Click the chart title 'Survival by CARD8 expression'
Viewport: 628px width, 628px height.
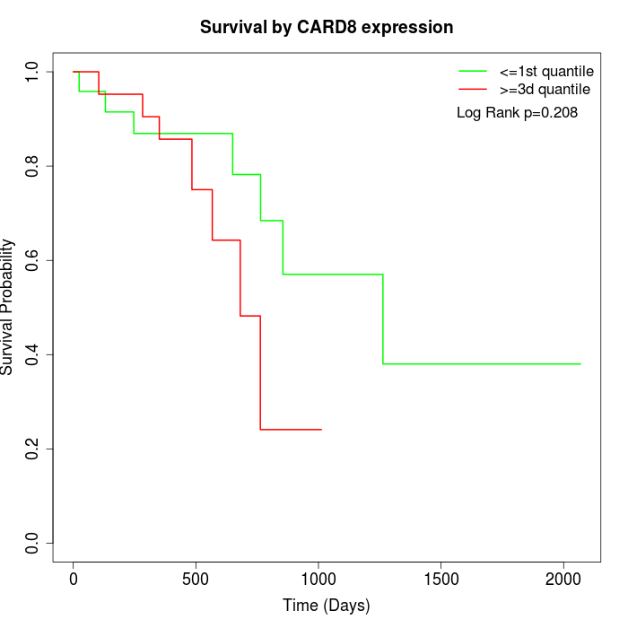pyautogui.click(x=327, y=27)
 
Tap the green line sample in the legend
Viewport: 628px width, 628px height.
pyautogui.click(x=473, y=70)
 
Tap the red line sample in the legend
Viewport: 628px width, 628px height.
pyautogui.click(x=473, y=90)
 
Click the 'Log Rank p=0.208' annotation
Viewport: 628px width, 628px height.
pyautogui.click(x=517, y=113)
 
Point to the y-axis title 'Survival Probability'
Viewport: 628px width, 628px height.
pyautogui.click(x=8, y=307)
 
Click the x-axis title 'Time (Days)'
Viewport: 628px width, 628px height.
pyautogui.click(x=327, y=606)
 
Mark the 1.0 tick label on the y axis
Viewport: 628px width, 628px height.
pyautogui.click(x=33, y=72)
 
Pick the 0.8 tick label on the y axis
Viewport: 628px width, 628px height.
pyautogui.click(x=33, y=166)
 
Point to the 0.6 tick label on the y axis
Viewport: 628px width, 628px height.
pyautogui.click(x=33, y=260)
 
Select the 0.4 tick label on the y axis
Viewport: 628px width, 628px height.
pyautogui.click(x=33, y=354)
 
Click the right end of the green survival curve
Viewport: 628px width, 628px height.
pyautogui.click(x=580, y=363)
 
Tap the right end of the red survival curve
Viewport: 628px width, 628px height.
pyautogui.click(x=321, y=430)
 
